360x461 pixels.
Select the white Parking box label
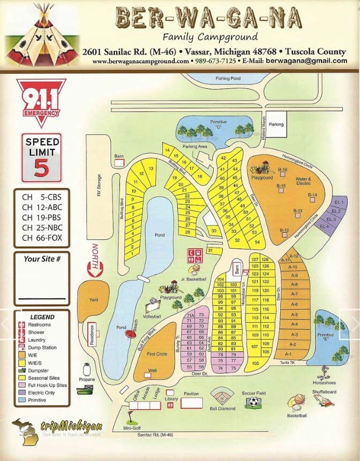tap(276, 124)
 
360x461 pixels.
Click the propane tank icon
tap(86, 370)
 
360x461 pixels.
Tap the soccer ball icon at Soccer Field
tap(253, 401)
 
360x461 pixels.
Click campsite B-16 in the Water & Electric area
tap(283, 170)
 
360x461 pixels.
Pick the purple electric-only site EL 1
tap(338, 202)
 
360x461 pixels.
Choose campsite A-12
tap(293, 256)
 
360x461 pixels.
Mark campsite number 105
tap(254, 364)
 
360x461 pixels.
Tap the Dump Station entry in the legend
tap(41, 348)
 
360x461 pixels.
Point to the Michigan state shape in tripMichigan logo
tap(25, 432)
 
